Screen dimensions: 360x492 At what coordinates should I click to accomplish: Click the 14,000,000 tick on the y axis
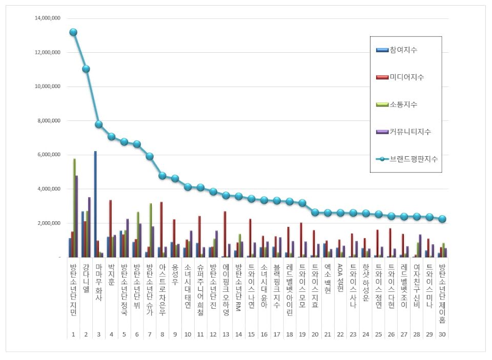(x=48, y=18)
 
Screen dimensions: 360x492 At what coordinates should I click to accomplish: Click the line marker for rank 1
(x=73, y=32)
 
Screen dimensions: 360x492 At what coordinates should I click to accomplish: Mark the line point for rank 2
(x=86, y=69)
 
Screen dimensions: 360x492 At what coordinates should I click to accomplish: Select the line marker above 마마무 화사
(x=99, y=124)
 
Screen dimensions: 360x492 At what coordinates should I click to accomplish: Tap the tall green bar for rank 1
(x=74, y=207)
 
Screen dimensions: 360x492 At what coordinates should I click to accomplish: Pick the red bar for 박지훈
(x=111, y=228)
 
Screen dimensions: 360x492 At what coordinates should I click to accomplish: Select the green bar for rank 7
(x=151, y=230)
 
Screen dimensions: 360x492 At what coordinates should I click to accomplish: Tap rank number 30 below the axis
(x=442, y=334)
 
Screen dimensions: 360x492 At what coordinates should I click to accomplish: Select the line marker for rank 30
(x=442, y=219)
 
